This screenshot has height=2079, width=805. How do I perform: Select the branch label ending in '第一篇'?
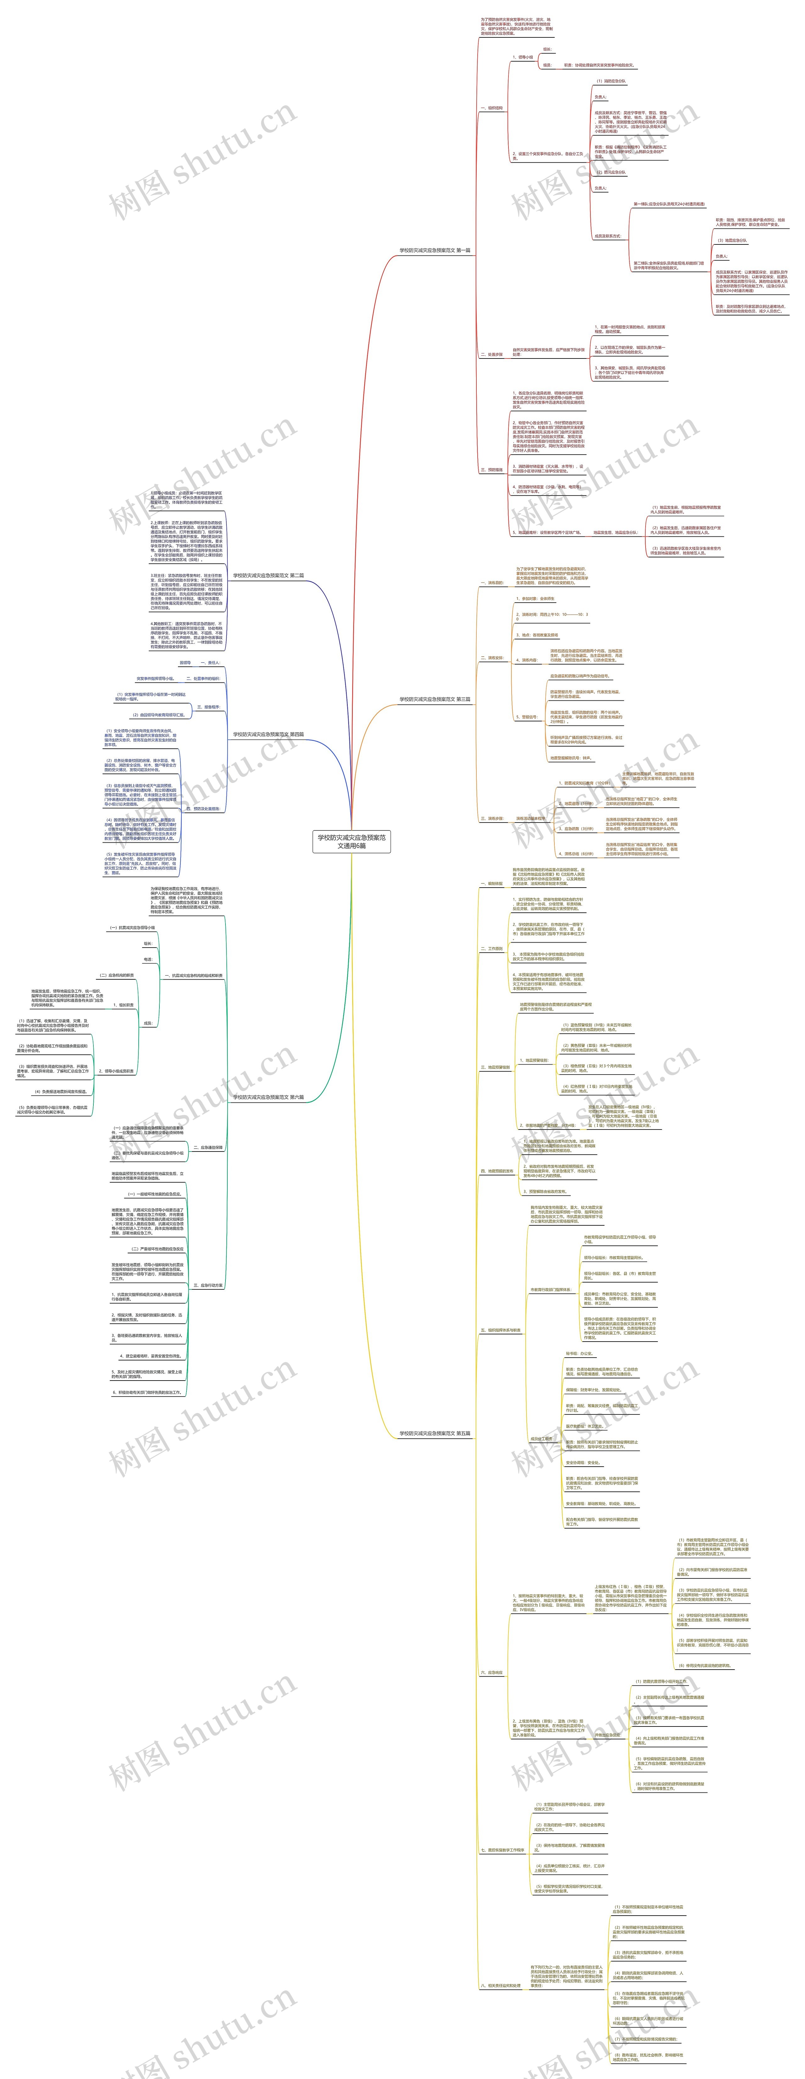coord(434,250)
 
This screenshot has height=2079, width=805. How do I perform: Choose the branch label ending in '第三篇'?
coord(434,699)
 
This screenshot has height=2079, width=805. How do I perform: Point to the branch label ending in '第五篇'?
coord(434,1433)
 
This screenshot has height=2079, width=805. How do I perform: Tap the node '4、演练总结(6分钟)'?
coord(576,853)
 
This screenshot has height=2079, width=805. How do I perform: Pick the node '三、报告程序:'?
coord(208,707)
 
